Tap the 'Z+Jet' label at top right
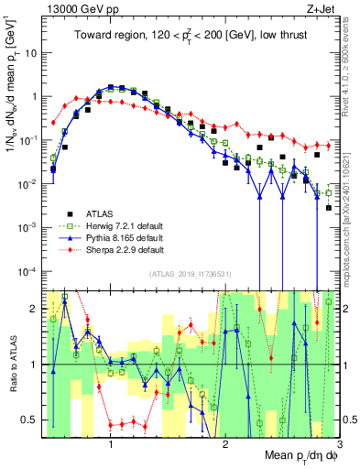click(x=317, y=8)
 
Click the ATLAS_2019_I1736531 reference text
click(x=189, y=274)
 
